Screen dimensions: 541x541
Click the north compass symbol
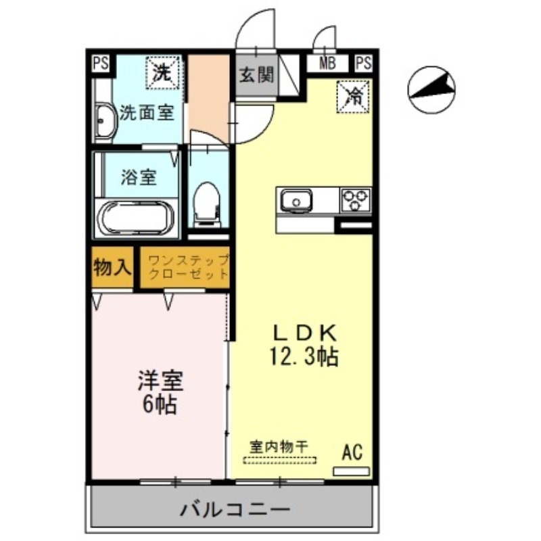coord(431,91)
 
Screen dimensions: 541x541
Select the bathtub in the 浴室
coord(136,218)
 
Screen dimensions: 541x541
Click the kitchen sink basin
coord(295,200)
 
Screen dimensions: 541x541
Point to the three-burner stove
coord(356,199)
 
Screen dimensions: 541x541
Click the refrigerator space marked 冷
coord(354,95)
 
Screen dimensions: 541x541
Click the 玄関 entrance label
coord(256,74)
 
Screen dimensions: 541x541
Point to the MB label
coord(328,65)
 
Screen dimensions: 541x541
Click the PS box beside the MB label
coord(363,64)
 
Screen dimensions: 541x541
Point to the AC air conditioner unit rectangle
coord(352,470)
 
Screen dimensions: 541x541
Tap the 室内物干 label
coord(279,446)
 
